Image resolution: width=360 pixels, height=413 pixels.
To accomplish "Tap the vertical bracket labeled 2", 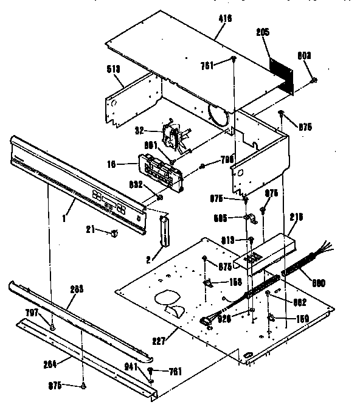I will point(163,231).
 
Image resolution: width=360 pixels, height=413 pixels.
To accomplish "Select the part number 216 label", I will point(296,217).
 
